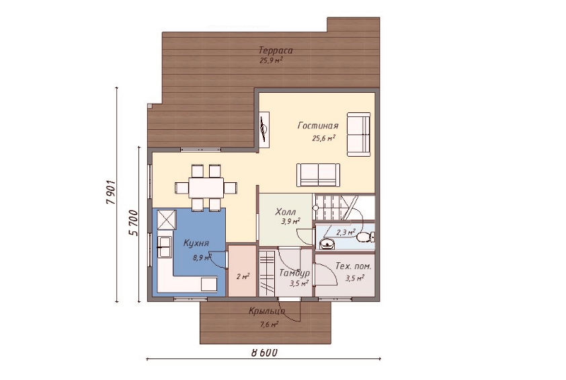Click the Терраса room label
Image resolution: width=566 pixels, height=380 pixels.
pyautogui.click(x=276, y=50)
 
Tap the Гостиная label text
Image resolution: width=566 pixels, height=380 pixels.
pyautogui.click(x=318, y=125)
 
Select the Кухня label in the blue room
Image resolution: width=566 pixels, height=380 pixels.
pyautogui.click(x=196, y=243)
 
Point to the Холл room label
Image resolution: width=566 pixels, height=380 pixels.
pyautogui.click(x=286, y=211)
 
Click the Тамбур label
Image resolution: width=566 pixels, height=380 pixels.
pyautogui.click(x=294, y=272)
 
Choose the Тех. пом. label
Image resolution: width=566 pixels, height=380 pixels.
pyautogui.click(x=354, y=266)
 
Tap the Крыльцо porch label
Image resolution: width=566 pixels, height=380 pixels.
pyautogui.click(x=267, y=311)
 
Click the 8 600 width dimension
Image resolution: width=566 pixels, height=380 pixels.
pyautogui.click(x=264, y=352)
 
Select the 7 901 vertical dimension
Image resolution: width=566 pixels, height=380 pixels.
pyautogui.click(x=111, y=192)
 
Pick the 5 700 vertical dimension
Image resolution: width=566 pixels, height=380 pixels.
pyautogui.click(x=133, y=223)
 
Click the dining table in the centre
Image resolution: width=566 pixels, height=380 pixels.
pyautogui.click(x=206, y=188)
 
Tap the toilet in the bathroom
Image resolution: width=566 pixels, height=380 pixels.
pyautogui.click(x=365, y=237)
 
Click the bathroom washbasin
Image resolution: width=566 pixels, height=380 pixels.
pyautogui.click(x=327, y=244)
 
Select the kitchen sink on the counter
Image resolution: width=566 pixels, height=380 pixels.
pyautogui.click(x=165, y=247)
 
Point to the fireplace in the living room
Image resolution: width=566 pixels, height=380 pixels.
pyautogui.click(x=264, y=130)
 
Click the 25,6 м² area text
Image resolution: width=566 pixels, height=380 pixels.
pyautogui.click(x=324, y=138)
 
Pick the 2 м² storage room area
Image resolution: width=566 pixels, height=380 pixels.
pyautogui.click(x=243, y=276)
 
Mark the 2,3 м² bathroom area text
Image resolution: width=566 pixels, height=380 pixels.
pyautogui.click(x=346, y=232)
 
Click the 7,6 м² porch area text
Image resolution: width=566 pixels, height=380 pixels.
pyautogui.click(x=269, y=325)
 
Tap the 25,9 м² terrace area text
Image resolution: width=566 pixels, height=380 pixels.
pyautogui.click(x=271, y=61)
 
